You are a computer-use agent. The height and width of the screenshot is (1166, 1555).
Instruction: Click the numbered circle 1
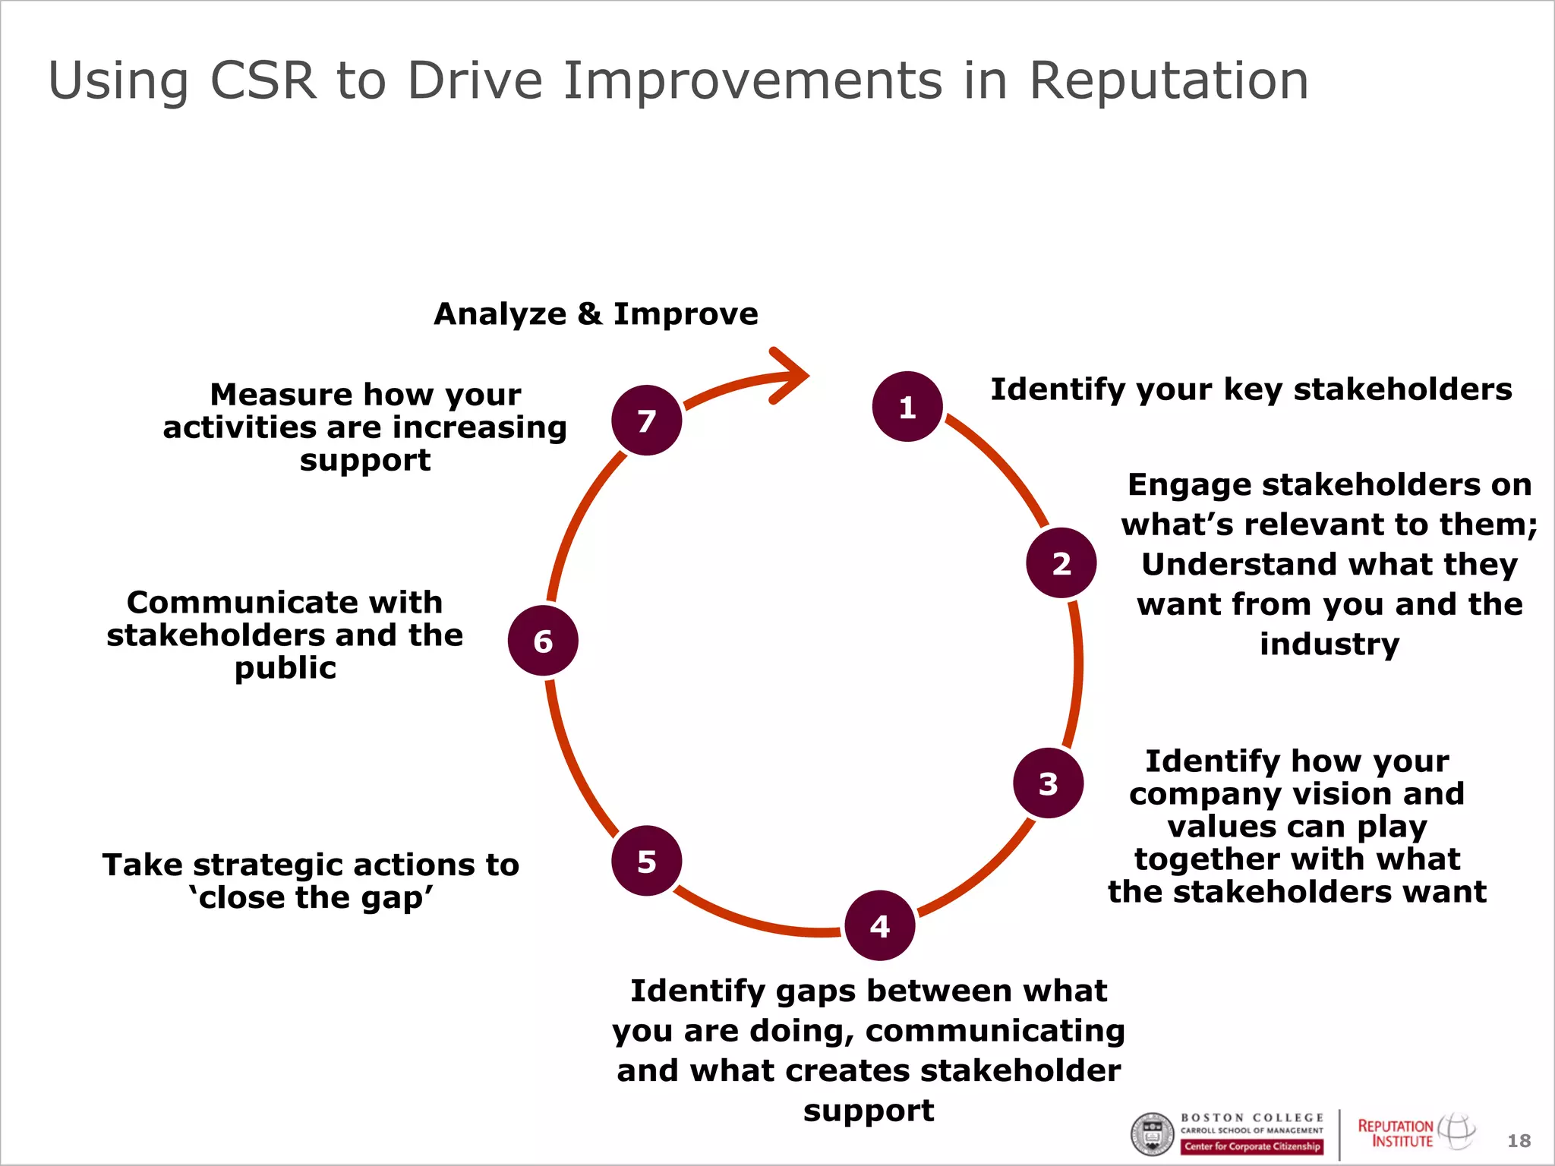(907, 407)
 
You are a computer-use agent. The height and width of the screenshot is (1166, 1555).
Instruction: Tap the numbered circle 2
(1061, 563)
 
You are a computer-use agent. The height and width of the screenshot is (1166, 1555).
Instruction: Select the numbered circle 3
(1048, 783)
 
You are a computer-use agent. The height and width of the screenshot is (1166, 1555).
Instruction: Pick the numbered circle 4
(879, 925)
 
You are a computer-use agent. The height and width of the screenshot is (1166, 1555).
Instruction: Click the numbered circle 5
(646, 861)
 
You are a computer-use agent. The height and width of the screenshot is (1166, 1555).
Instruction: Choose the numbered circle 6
(543, 641)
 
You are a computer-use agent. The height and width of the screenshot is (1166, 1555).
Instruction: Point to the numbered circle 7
(646, 420)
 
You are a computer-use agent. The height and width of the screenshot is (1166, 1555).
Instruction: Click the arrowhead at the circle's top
(793, 374)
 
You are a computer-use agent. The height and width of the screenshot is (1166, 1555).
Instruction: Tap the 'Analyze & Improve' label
(595, 314)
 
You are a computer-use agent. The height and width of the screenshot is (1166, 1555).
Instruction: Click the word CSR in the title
(262, 80)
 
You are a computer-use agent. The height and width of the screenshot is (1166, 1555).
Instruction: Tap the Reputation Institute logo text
(1396, 1133)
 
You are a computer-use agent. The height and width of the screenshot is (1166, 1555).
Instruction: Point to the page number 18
(1519, 1140)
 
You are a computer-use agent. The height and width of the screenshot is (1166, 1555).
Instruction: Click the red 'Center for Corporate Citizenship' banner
(1252, 1146)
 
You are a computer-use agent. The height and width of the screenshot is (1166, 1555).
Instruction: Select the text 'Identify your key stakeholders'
(1251, 389)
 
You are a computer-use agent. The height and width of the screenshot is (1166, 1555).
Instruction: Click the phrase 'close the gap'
(311, 897)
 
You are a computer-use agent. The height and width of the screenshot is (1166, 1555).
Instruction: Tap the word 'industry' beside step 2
(1329, 644)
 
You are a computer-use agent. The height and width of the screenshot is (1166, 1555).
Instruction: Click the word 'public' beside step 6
(285, 668)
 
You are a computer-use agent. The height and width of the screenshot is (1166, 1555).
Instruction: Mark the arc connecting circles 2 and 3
(1077, 672)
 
